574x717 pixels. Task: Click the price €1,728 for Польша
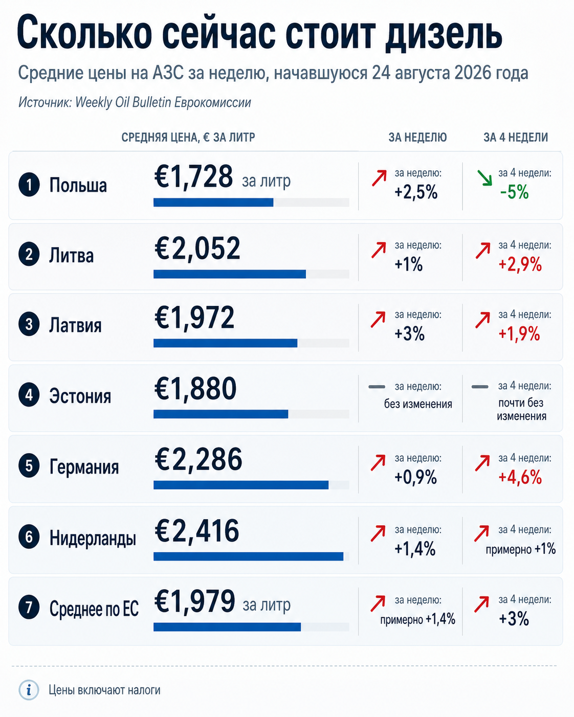193,177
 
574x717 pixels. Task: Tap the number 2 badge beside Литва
29,255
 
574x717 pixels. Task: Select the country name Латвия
75,326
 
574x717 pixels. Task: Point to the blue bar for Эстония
220,414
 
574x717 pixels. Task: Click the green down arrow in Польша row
484,178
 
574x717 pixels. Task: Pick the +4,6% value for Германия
520,477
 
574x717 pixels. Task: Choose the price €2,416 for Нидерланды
196,531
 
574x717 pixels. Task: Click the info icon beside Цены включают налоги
29,690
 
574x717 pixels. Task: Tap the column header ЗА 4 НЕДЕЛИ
516,137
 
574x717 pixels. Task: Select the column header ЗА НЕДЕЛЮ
417,137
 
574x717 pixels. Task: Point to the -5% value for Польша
514,192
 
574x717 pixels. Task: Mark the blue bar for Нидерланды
248,556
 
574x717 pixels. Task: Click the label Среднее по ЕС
94,609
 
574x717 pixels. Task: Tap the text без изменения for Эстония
418,404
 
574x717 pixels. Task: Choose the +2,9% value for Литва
520,264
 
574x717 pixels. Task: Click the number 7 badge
29,608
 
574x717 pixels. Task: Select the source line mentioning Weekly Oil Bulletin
135,102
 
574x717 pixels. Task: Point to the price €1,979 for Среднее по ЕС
195,601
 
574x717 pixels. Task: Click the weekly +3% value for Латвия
409,333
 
